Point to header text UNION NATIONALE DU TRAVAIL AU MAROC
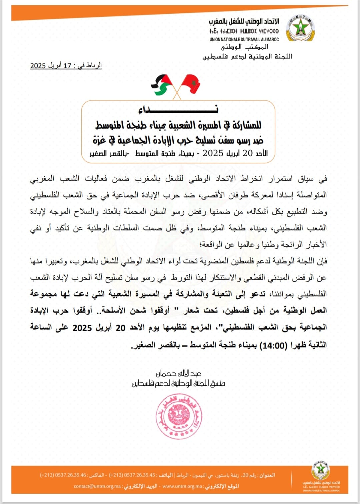point(244,39)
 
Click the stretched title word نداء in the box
point(178,109)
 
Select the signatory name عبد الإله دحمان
point(179,373)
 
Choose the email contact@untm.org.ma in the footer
point(97,486)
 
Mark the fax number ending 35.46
point(63,475)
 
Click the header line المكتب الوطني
point(245,47)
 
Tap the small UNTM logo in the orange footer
point(321,471)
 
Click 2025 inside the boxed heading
point(213,153)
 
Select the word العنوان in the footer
point(267,475)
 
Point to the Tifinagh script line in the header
point(244,31)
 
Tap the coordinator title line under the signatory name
point(179,383)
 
